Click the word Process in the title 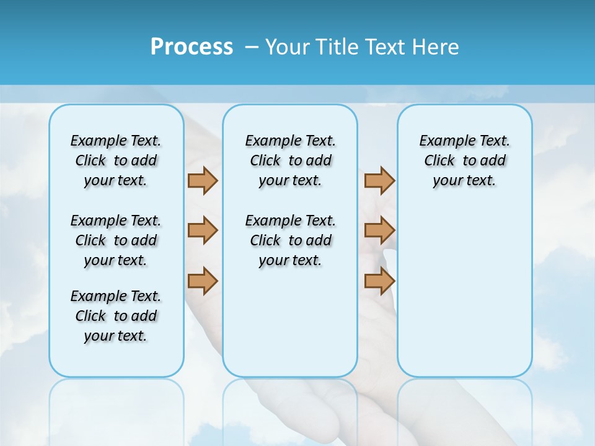click(192, 47)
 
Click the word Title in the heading click(338, 47)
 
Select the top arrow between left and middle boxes click(203, 180)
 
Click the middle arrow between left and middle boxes click(203, 230)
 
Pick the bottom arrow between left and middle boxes click(203, 281)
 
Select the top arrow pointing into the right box click(379, 180)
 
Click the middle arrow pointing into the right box click(379, 230)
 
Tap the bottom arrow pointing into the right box click(379, 281)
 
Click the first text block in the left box click(116, 160)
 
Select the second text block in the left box click(116, 240)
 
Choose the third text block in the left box click(116, 316)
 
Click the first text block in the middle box click(290, 160)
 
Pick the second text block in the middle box click(290, 240)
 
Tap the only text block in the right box click(464, 160)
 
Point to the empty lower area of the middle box click(290, 322)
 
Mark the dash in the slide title click(252, 47)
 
